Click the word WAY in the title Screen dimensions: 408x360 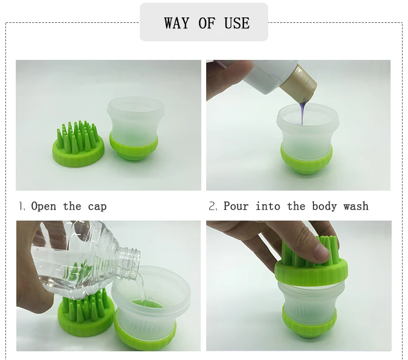point(176,23)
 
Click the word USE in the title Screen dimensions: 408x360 point(237,23)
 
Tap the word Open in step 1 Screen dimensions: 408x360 point(44,206)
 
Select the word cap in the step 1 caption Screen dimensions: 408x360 point(97,207)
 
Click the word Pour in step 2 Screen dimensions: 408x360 point(236,206)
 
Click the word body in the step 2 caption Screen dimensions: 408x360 point(324,206)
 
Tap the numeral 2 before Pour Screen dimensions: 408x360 point(212,206)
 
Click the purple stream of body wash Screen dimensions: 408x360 point(302,114)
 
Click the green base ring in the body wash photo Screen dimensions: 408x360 point(306,160)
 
